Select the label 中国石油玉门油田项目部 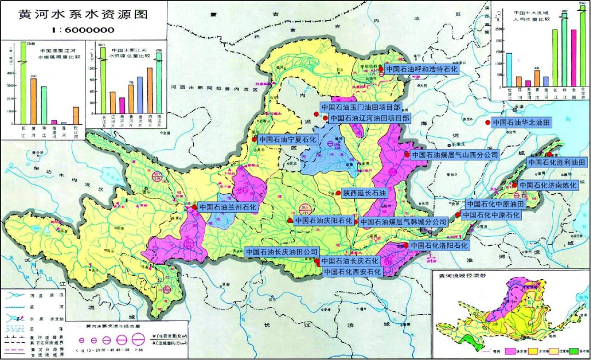361,107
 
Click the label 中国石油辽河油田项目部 370,118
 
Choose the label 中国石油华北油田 528,123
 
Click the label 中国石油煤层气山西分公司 455,155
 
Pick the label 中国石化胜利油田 557,162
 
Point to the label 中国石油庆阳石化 324,221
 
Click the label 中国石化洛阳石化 440,246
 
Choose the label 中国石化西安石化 352,270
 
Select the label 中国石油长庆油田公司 282,252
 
